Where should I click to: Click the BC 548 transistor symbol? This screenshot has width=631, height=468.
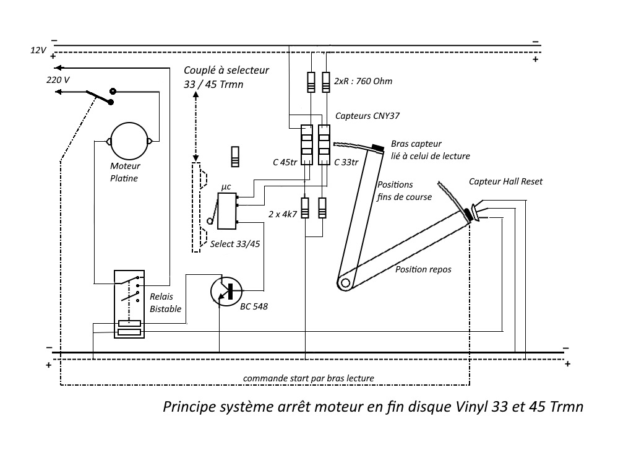click(x=226, y=291)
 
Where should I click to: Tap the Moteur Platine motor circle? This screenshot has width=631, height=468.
click(x=129, y=141)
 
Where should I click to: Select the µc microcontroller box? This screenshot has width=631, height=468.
click(x=227, y=211)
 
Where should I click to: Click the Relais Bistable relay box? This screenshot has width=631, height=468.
click(x=129, y=304)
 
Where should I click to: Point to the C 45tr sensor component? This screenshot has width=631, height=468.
click(x=307, y=145)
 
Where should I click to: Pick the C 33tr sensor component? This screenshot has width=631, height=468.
click(x=324, y=145)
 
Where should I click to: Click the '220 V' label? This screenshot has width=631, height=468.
click(x=58, y=80)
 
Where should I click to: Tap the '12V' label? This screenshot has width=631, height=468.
click(x=38, y=50)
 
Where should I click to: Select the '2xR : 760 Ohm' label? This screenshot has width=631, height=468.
click(x=363, y=81)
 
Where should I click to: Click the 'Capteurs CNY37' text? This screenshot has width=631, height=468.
click(x=367, y=116)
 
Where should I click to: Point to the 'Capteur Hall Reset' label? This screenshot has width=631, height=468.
click(x=505, y=181)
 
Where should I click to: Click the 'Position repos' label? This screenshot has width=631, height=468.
click(x=423, y=269)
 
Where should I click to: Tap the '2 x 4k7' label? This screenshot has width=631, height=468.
click(x=283, y=214)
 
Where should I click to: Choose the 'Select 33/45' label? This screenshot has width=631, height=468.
click(x=235, y=244)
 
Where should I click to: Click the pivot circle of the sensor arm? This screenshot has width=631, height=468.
click(x=345, y=283)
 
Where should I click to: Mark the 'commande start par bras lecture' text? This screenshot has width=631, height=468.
click(x=309, y=379)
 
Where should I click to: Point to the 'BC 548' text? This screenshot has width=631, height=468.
click(x=254, y=306)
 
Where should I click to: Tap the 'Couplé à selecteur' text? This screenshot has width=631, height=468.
click(x=226, y=70)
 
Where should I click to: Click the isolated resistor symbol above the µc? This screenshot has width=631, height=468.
click(x=235, y=157)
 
